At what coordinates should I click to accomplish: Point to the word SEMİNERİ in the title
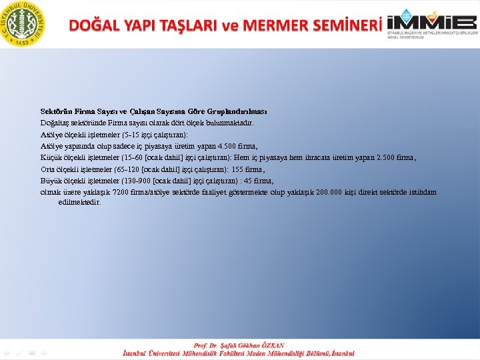point(341,25)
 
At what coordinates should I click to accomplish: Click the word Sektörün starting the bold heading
point(57,111)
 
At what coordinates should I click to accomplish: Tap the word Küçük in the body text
point(51,158)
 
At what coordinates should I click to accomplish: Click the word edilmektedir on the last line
point(80,202)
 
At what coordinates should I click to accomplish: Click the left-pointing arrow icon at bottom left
point(7,351)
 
